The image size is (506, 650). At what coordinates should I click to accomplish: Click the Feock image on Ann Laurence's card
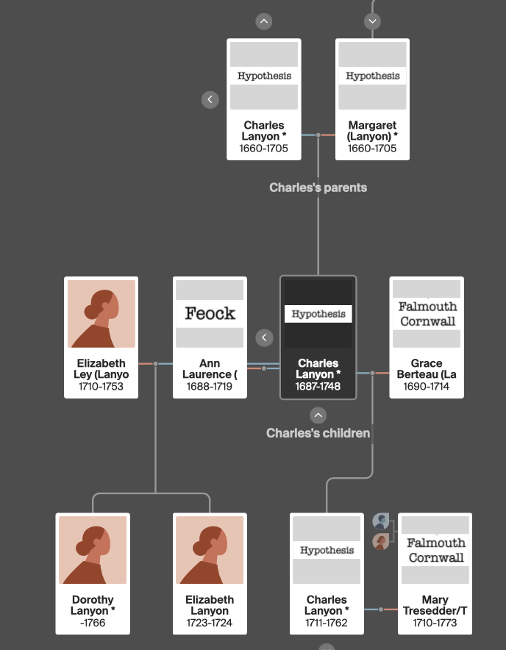coord(210,313)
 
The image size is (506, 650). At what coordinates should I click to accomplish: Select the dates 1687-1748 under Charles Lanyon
coord(318,387)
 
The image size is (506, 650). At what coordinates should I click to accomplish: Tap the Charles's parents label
coord(318,187)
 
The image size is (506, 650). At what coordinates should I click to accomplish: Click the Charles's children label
coord(318,433)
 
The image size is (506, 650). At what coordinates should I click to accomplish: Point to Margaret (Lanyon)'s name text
coord(372,131)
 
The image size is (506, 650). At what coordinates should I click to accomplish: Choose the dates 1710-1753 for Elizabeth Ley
coord(101,387)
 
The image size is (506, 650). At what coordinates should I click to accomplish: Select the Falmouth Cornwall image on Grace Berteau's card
coord(427,313)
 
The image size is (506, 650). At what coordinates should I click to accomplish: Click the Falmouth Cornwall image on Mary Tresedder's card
coord(436,550)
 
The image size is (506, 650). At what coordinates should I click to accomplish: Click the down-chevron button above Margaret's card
coord(372,21)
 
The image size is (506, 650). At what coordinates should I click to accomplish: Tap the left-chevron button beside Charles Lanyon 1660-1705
coord(210,99)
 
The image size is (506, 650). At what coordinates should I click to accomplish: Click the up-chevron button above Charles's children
coord(318,415)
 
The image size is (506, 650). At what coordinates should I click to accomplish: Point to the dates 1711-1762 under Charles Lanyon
coord(327,623)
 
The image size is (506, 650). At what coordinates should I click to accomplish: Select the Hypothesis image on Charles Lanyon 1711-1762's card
coord(327,550)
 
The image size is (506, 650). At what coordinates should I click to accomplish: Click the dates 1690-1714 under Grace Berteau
coord(427,387)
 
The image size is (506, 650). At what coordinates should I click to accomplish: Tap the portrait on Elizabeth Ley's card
coord(101,314)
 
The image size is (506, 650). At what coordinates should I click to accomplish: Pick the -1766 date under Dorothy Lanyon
coord(93,623)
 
